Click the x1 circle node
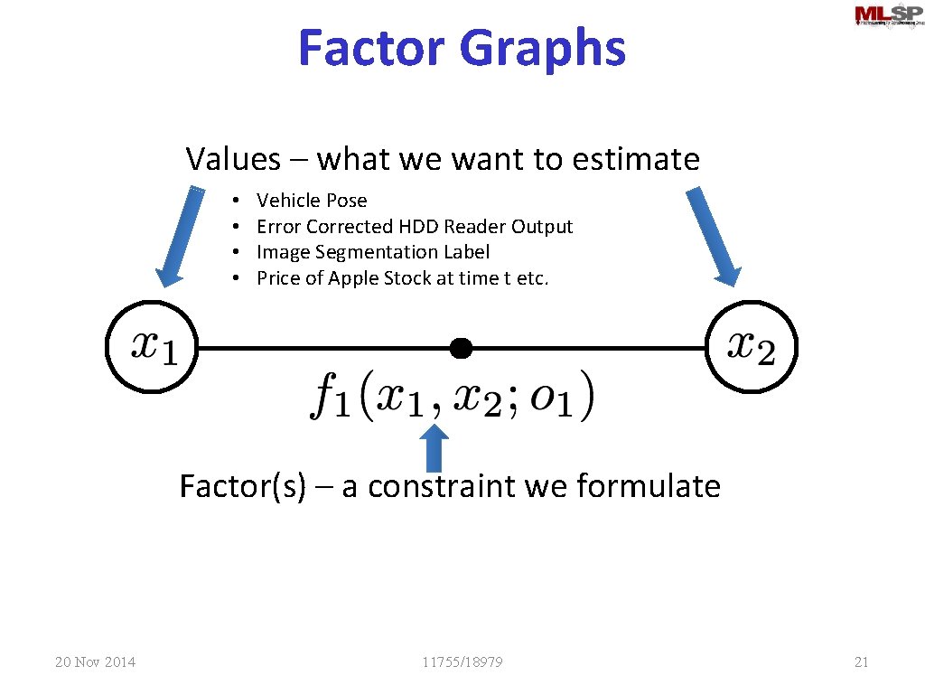152,347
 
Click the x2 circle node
751,347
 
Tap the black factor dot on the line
461,347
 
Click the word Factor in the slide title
372,48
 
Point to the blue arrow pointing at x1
181,235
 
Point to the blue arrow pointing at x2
714,235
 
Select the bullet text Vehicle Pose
312,201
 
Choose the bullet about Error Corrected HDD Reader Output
415,226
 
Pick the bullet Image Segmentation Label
373,252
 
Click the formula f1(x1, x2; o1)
453,396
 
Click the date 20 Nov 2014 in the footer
95,662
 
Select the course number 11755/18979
462,662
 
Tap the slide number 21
861,662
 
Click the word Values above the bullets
233,159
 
